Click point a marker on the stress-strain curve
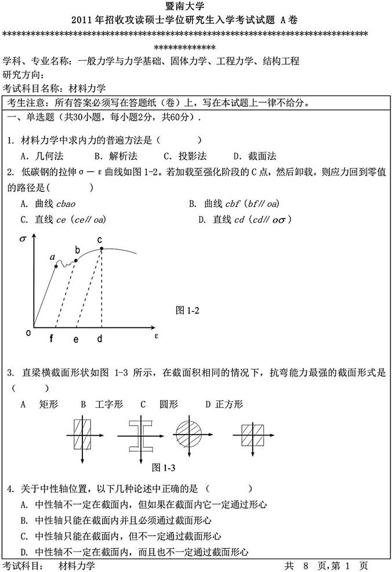coord(56,266)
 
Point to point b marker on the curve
coord(76,260)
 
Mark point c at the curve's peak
coord(101,249)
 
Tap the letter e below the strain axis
coord(76,340)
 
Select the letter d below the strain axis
coord(100,340)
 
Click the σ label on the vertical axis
coord(23,239)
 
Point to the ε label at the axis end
coord(156,335)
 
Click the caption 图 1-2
coord(187,311)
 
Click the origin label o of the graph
coord(27,333)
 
